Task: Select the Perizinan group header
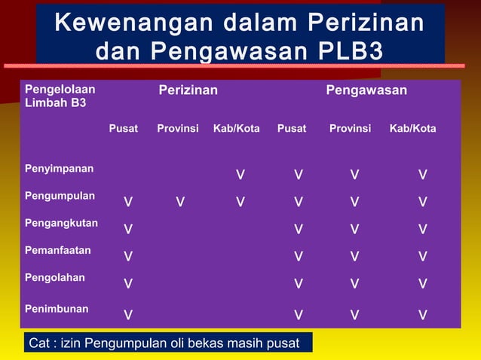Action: point(188,91)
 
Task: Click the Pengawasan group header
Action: point(366,91)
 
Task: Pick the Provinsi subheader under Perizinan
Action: point(178,129)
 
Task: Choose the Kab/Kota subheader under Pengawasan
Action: point(412,129)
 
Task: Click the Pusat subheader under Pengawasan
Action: point(292,129)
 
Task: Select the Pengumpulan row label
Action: point(60,196)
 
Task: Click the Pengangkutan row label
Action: point(61,223)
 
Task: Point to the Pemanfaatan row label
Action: point(58,249)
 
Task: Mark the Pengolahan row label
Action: point(55,277)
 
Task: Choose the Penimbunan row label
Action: point(57,309)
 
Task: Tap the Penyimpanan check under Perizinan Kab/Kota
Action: point(240,175)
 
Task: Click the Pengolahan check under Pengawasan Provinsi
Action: point(354,284)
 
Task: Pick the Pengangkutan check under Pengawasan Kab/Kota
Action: point(423,230)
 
